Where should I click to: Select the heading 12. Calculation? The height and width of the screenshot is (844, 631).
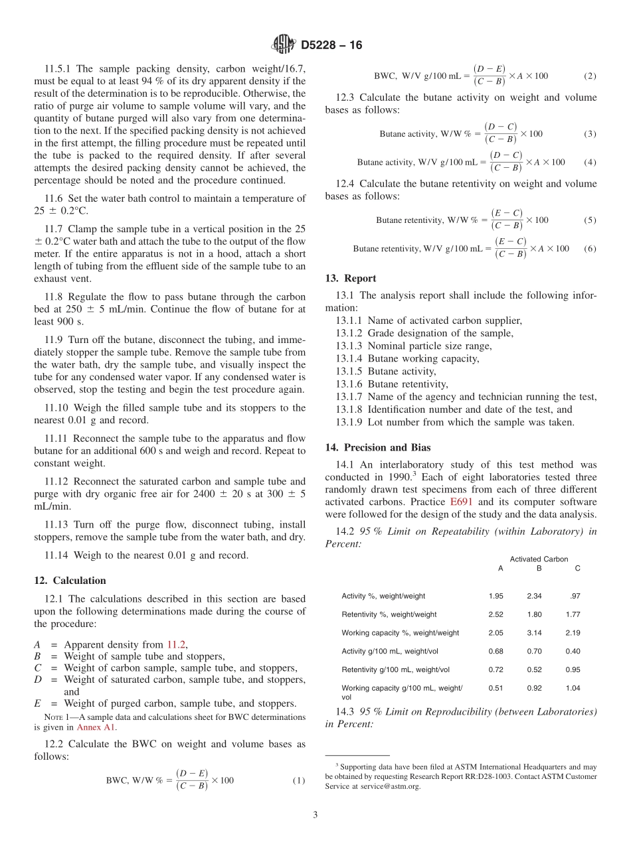pos(70,580)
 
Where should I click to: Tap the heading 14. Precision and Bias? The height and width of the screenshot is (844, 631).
pos(378,447)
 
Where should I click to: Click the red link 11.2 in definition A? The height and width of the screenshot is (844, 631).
pos(176,644)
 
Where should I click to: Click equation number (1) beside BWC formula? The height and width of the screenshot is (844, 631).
pos(298,780)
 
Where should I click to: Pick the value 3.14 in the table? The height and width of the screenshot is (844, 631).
pos(535,633)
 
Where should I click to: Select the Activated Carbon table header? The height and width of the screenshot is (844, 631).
pos(539,559)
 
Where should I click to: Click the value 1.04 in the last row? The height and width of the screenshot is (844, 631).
pos(573,688)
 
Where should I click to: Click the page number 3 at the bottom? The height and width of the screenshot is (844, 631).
pos(315,815)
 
